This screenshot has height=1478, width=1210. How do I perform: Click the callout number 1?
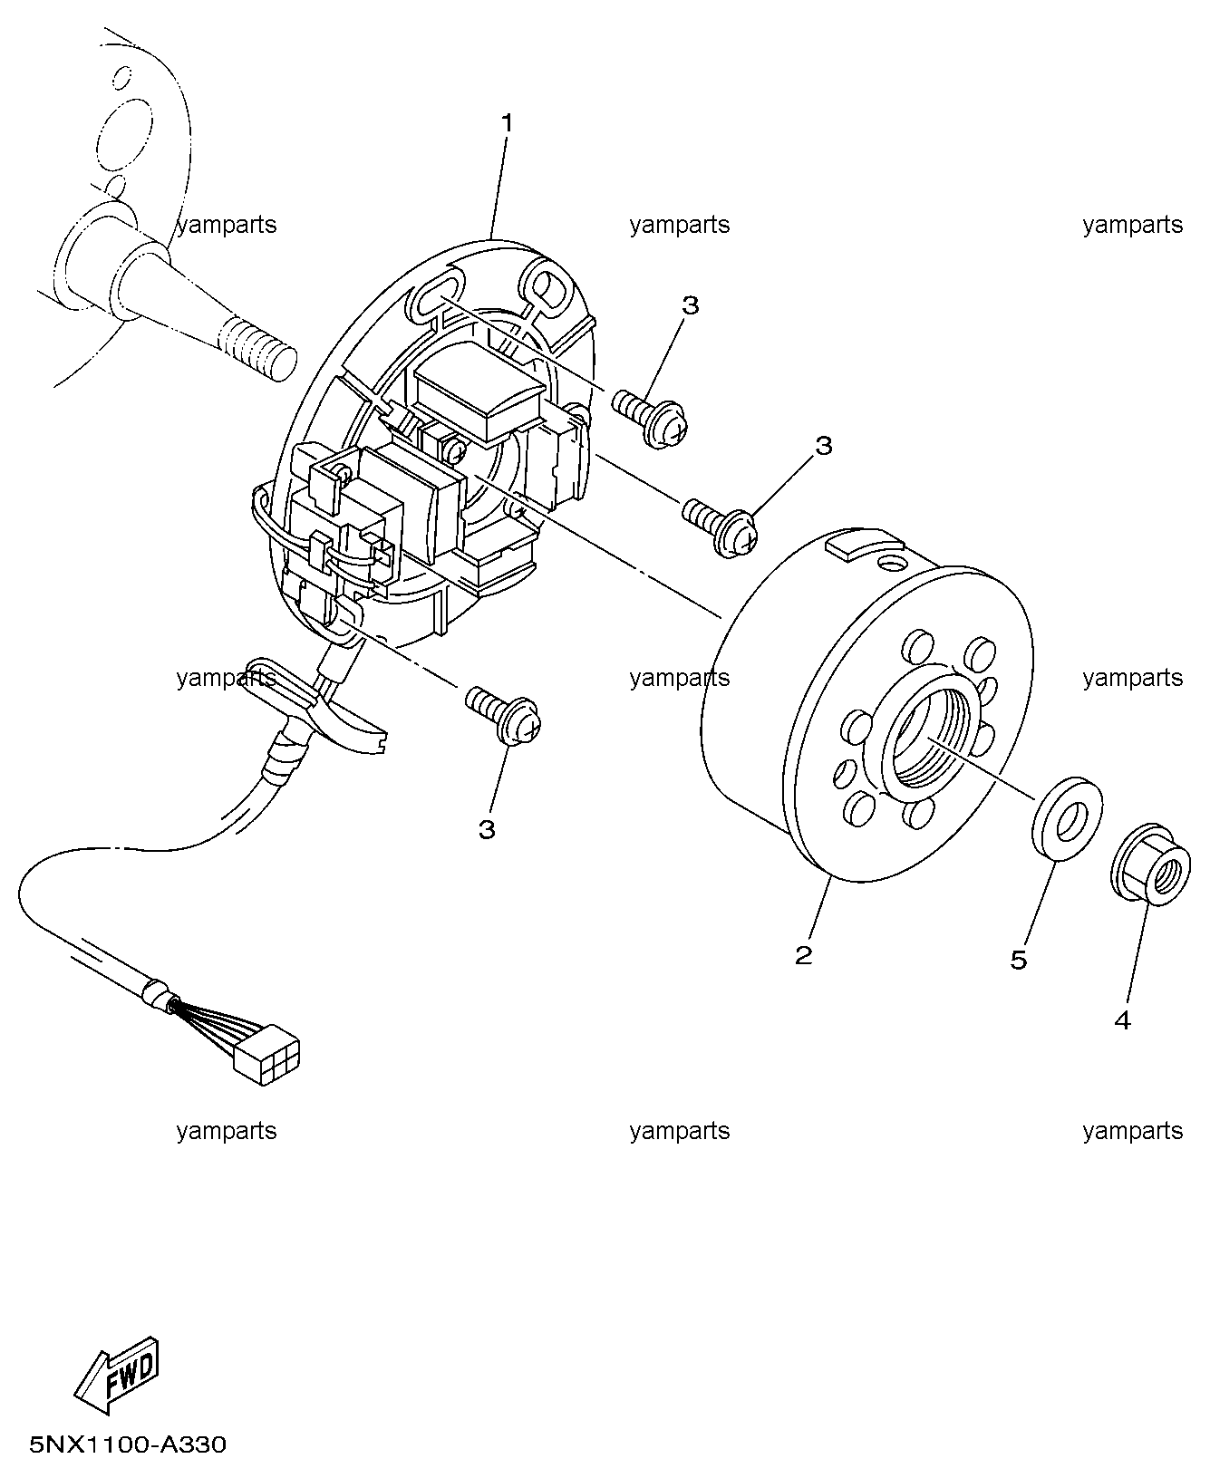tap(508, 122)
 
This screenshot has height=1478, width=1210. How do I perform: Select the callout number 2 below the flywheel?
tap(803, 954)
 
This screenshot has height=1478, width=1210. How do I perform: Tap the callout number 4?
tap(1122, 1020)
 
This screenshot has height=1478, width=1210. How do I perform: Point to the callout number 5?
tap(1019, 960)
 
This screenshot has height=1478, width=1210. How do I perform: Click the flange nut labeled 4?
tap(1147, 863)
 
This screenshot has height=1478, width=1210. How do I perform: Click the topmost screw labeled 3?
tap(651, 417)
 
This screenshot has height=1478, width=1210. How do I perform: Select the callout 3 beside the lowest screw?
tap(487, 829)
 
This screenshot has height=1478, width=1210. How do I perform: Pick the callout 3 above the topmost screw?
tap(691, 305)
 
